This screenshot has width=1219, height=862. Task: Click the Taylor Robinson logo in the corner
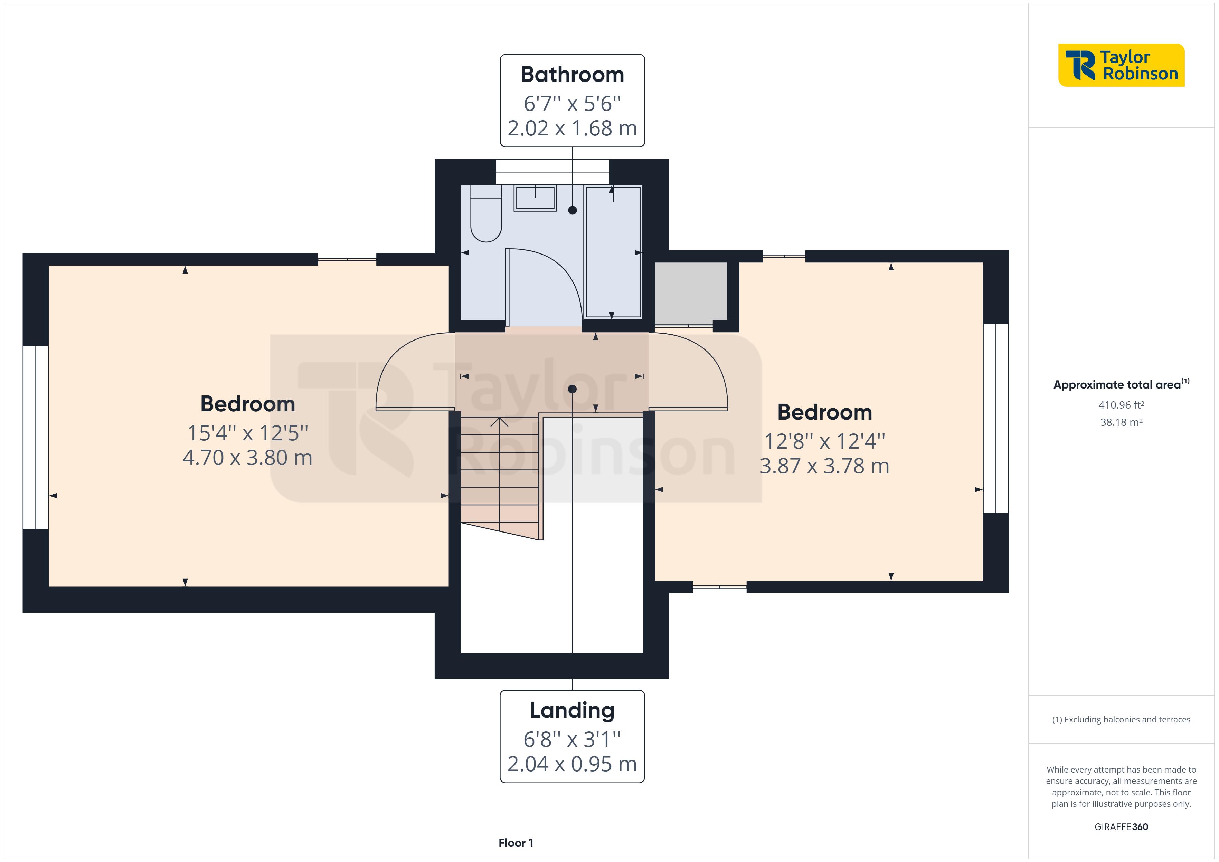pyautogui.click(x=1121, y=65)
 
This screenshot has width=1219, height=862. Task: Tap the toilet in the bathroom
pyautogui.click(x=486, y=215)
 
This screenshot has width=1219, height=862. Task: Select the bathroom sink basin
pyautogui.click(x=535, y=198)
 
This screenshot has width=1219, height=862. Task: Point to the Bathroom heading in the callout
pyautogui.click(x=572, y=74)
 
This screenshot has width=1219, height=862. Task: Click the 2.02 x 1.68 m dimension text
pyautogui.click(x=572, y=128)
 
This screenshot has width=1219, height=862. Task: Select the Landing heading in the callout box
pyautogui.click(x=572, y=710)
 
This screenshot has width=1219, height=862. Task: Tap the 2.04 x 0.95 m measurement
pyautogui.click(x=572, y=764)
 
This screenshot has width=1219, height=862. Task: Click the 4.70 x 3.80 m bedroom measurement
pyautogui.click(x=247, y=458)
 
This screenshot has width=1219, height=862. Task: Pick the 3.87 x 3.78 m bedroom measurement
pyautogui.click(x=824, y=466)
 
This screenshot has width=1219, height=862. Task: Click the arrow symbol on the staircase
pyautogui.click(x=499, y=423)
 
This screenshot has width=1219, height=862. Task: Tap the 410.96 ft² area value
pyautogui.click(x=1121, y=405)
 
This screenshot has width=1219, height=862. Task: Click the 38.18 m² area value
pyautogui.click(x=1121, y=422)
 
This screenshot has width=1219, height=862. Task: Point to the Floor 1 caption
pyautogui.click(x=516, y=843)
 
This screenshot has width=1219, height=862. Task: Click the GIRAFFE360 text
pyautogui.click(x=1121, y=827)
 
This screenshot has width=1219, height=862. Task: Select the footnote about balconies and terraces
pyautogui.click(x=1121, y=720)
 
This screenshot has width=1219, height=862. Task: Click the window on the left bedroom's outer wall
pyautogui.click(x=36, y=437)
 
